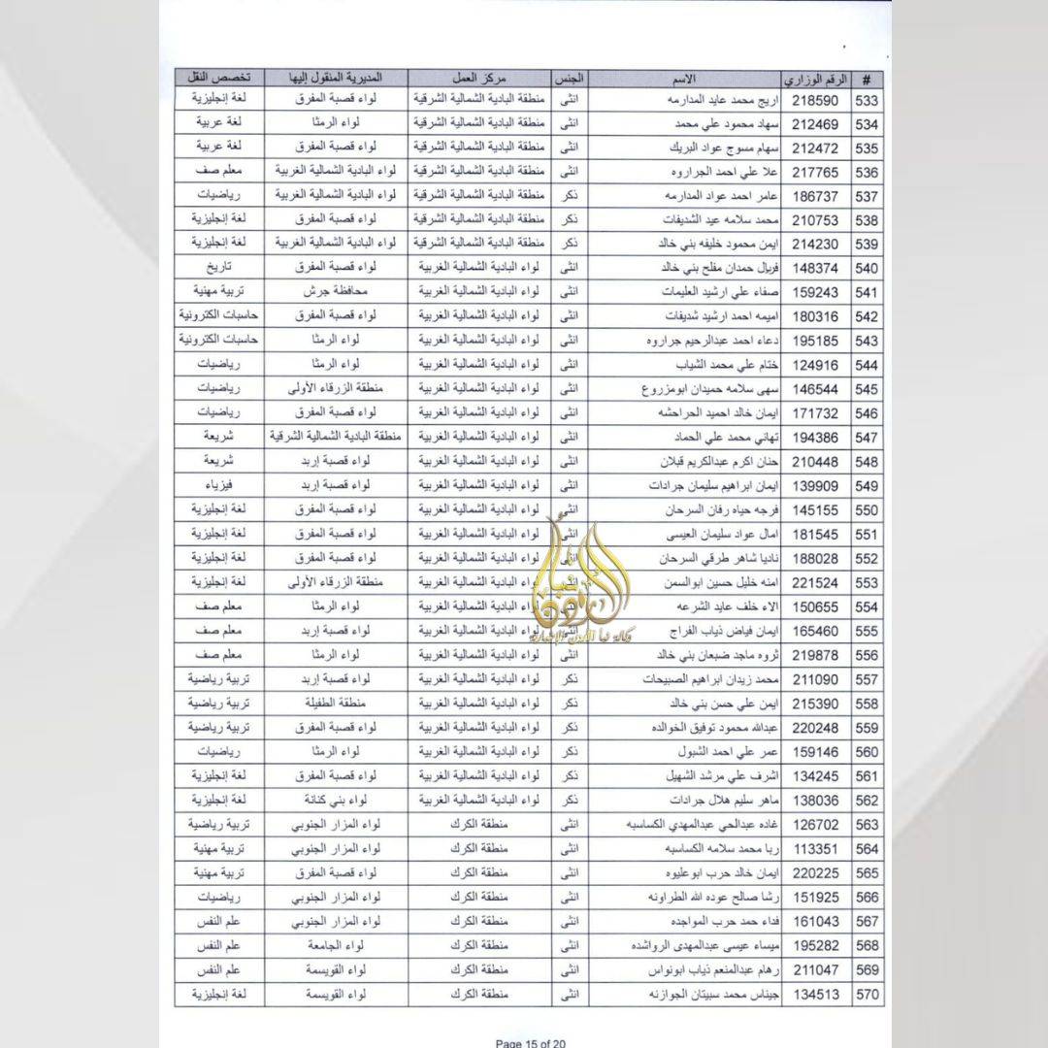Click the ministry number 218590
pos(814,101)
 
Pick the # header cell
pos(867,78)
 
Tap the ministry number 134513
pos(814,993)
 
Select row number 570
pos(867,993)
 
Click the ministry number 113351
pos(814,848)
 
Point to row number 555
pos(867,630)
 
